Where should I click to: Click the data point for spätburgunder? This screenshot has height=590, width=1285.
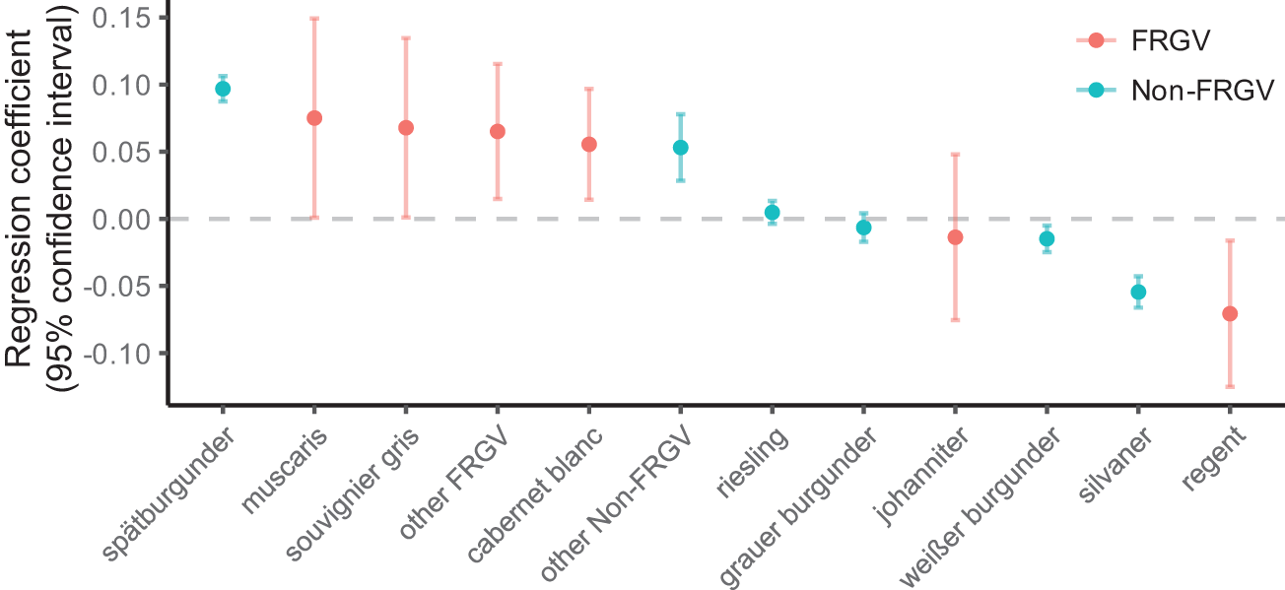223,89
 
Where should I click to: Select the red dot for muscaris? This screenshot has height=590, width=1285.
314,118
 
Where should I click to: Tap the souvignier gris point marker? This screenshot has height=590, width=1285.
405,128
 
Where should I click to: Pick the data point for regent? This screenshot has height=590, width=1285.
1230,313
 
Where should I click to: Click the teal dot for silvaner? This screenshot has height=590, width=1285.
1138,292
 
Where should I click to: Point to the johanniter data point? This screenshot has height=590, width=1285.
955,237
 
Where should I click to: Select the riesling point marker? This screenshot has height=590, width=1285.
773,213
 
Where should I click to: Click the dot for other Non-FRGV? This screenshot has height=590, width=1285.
680,148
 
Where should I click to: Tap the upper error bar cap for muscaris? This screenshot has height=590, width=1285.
314,18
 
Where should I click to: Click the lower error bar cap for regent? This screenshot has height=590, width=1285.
1230,386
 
